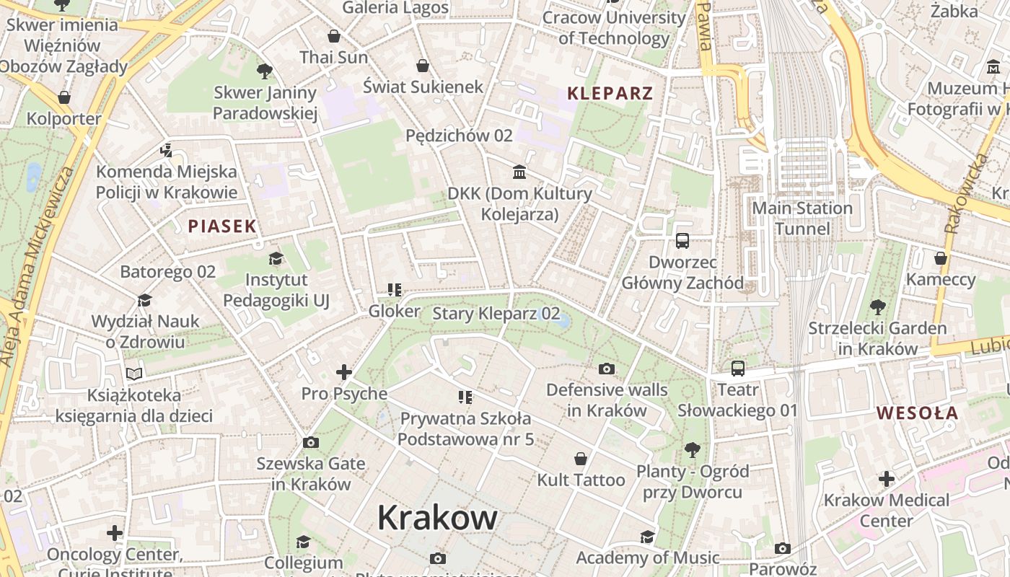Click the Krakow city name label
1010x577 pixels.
(437, 517)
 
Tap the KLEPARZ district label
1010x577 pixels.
(610, 93)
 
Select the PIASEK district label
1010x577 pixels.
(222, 226)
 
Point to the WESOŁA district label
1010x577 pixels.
(917, 413)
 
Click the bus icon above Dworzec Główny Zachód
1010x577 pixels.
(682, 241)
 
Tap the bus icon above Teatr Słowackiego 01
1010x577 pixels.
(737, 369)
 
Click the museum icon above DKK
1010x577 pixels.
(519, 172)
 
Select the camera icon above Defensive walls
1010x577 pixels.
(607, 369)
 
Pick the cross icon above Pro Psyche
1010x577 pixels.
(344, 372)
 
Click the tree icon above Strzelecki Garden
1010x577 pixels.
(877, 307)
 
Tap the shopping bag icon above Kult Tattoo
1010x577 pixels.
(581, 459)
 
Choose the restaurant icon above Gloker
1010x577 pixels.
(394, 290)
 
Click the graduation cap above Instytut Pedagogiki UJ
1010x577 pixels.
(276, 258)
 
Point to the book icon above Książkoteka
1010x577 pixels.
(134, 374)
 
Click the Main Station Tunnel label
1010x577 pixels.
(802, 219)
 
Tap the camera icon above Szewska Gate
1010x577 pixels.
(311, 442)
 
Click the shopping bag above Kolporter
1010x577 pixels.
(64, 97)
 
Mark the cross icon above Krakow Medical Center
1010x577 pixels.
(886, 479)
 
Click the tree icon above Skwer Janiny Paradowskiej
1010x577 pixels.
(265, 71)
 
